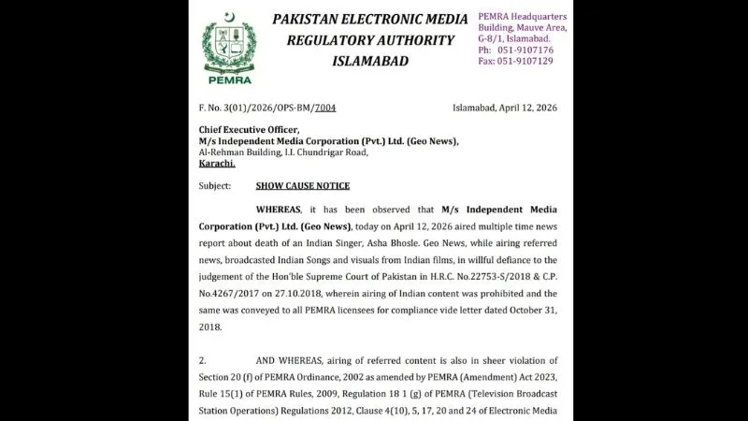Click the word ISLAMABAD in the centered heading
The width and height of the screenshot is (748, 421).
coord(372,61)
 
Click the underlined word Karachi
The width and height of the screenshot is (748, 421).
coord(217,163)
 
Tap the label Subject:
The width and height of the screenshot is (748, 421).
coord(214,186)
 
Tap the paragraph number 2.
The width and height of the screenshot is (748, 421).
coord(202,359)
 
